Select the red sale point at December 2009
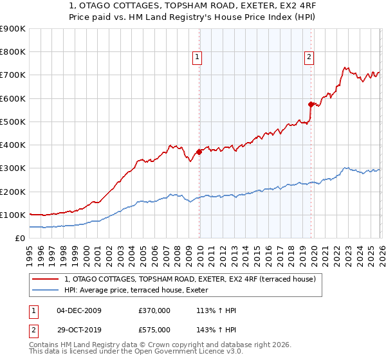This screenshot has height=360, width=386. click(x=199, y=152)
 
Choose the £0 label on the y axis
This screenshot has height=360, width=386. click(x=19, y=239)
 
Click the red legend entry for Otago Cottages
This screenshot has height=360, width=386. click(x=190, y=279)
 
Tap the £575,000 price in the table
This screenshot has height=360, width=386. click(x=154, y=329)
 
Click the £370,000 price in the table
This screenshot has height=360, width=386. click(x=154, y=310)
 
